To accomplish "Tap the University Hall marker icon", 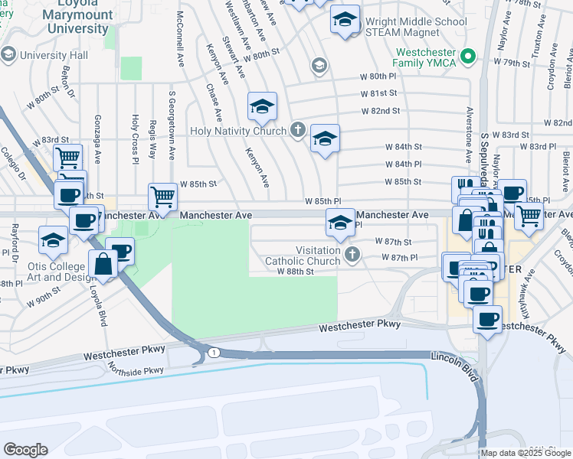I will (x=8, y=54).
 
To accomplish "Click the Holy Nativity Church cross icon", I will (x=297, y=130).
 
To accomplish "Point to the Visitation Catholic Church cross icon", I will (x=352, y=255).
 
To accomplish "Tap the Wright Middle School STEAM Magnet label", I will (x=415, y=26).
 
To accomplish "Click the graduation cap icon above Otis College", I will (x=52, y=240).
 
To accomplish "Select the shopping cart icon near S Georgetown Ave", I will (x=162, y=197).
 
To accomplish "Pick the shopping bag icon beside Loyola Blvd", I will (x=103, y=265).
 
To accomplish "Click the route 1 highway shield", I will (x=214, y=352).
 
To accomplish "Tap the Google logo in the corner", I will (x=25, y=450).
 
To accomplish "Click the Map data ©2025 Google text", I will (x=526, y=453).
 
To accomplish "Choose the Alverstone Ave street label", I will (x=467, y=142).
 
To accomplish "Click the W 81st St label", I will (x=381, y=93).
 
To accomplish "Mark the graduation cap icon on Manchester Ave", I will (x=341, y=222).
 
